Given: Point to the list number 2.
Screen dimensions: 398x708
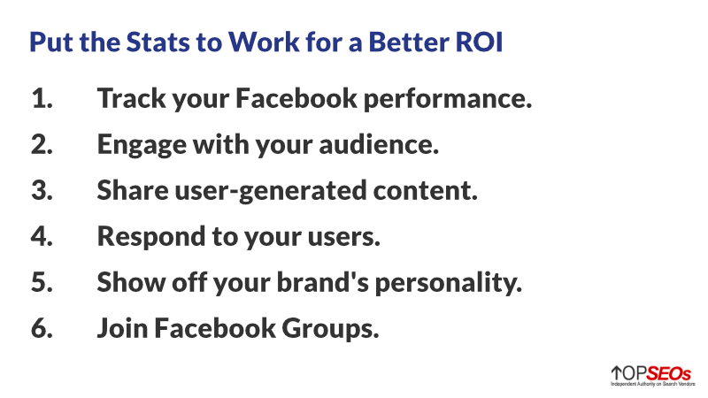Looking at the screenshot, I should click(42, 144).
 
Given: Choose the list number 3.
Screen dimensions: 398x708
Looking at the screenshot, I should click(42, 190).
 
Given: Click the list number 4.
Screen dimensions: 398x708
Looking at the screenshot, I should click(42, 236).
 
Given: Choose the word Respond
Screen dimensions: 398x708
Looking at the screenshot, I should click(150, 238).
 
